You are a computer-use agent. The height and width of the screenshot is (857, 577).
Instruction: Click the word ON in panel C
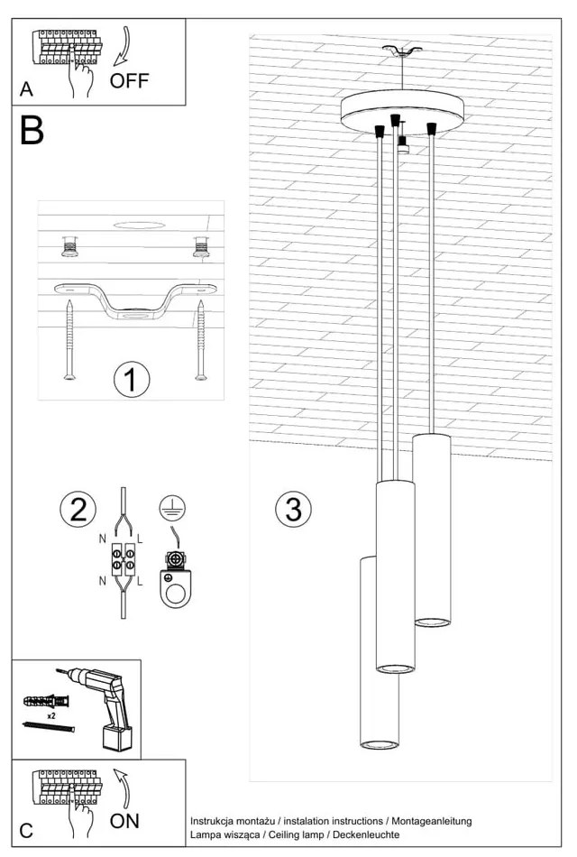point(124,821)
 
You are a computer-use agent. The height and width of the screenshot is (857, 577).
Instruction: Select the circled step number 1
point(131,379)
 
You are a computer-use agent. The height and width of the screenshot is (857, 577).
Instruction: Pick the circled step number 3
point(293,510)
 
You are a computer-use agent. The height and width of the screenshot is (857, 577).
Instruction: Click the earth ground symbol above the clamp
point(167,508)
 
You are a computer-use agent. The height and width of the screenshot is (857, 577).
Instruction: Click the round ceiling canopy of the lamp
point(401,110)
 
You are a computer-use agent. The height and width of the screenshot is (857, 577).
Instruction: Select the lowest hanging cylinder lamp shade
point(380,653)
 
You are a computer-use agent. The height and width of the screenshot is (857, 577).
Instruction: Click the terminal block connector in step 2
point(123,559)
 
